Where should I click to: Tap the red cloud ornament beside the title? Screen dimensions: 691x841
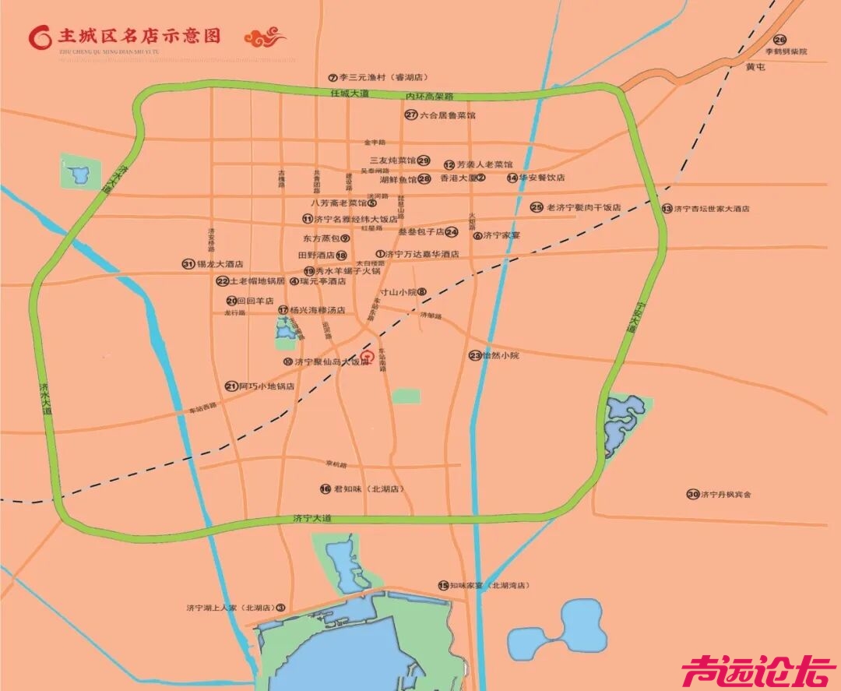[265, 37]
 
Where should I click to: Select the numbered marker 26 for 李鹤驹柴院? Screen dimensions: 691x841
[779, 40]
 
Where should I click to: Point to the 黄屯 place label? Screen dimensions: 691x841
[756, 68]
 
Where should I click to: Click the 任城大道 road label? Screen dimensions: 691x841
[349, 93]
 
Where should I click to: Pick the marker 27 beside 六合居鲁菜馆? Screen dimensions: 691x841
[411, 115]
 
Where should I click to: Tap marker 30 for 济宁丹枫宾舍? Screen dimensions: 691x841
[692, 494]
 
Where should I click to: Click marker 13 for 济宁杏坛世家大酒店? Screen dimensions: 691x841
[667, 208]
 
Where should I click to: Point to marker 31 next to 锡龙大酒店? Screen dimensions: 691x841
[188, 264]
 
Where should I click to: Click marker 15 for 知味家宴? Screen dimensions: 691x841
[443, 585]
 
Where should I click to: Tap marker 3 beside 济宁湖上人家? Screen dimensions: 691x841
[281, 608]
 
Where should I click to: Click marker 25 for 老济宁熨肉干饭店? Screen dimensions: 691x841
[537, 207]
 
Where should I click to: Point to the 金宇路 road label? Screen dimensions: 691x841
[375, 143]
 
